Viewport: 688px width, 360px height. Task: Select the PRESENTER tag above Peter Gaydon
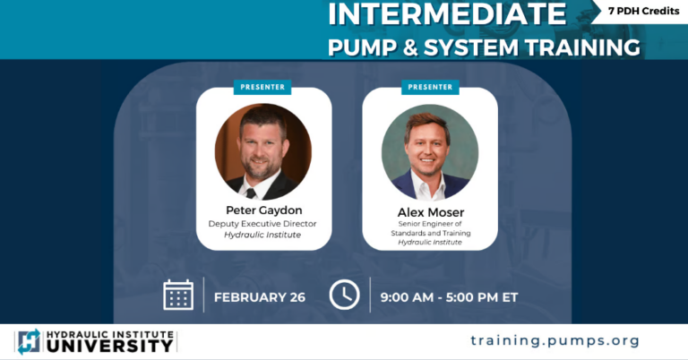(x=262, y=87)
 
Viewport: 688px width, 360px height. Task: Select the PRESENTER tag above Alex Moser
(x=430, y=87)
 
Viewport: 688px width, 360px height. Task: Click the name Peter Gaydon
(x=264, y=210)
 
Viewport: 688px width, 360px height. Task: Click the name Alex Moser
(x=430, y=212)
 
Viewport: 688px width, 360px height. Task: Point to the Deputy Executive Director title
(x=264, y=223)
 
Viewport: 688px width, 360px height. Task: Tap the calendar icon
(x=178, y=295)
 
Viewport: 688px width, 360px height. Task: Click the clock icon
(x=344, y=295)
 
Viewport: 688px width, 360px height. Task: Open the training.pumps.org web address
(x=555, y=340)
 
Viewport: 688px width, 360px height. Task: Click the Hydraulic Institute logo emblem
(x=29, y=341)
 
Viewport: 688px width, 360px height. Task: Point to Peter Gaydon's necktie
(x=252, y=192)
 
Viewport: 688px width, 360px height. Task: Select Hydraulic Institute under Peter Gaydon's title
(x=264, y=235)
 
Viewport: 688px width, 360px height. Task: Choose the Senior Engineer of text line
(x=430, y=224)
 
